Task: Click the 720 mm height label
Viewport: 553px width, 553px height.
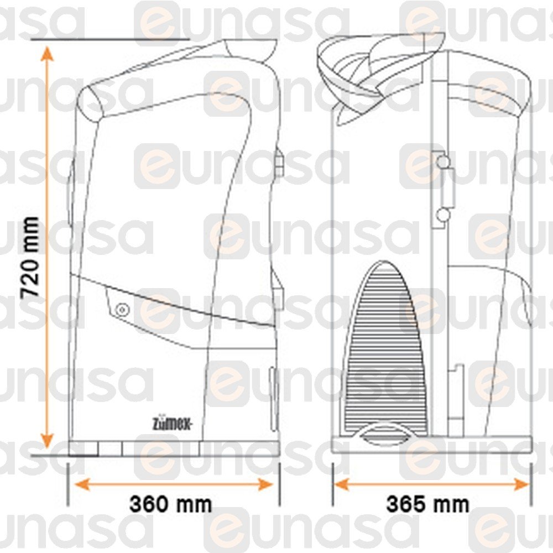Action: click(30, 258)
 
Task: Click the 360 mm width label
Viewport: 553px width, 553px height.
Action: click(171, 504)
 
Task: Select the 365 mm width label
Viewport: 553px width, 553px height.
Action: click(428, 504)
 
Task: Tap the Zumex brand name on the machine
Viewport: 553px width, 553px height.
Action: click(172, 423)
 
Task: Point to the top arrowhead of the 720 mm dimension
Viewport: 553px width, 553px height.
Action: click(46, 53)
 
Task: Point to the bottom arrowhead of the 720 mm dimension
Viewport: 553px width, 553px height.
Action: click(46, 441)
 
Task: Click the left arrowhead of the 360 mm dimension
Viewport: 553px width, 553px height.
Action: click(82, 484)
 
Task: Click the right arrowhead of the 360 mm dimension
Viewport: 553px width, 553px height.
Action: click(266, 484)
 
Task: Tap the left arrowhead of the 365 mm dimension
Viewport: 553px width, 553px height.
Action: click(341, 484)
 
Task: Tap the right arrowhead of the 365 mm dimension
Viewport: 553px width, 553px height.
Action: click(522, 484)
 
